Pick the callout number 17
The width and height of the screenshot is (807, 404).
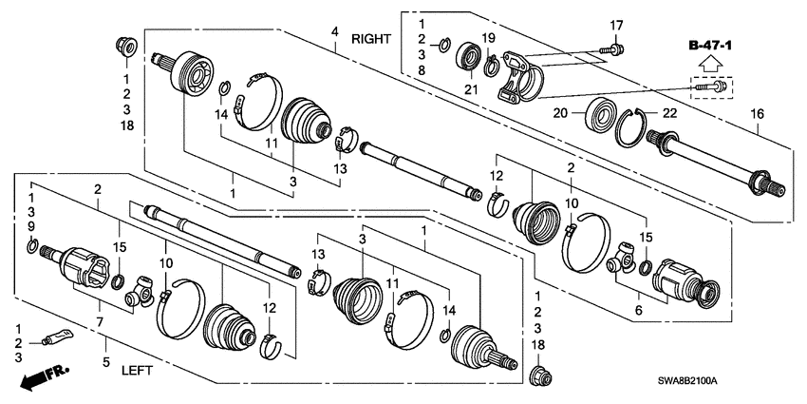coord(615,25)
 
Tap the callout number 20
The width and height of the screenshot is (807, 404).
coord(560,112)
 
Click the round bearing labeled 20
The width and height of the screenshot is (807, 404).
coord(603,111)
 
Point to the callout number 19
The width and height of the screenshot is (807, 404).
coord(488,38)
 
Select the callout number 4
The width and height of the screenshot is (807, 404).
coord(333,33)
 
